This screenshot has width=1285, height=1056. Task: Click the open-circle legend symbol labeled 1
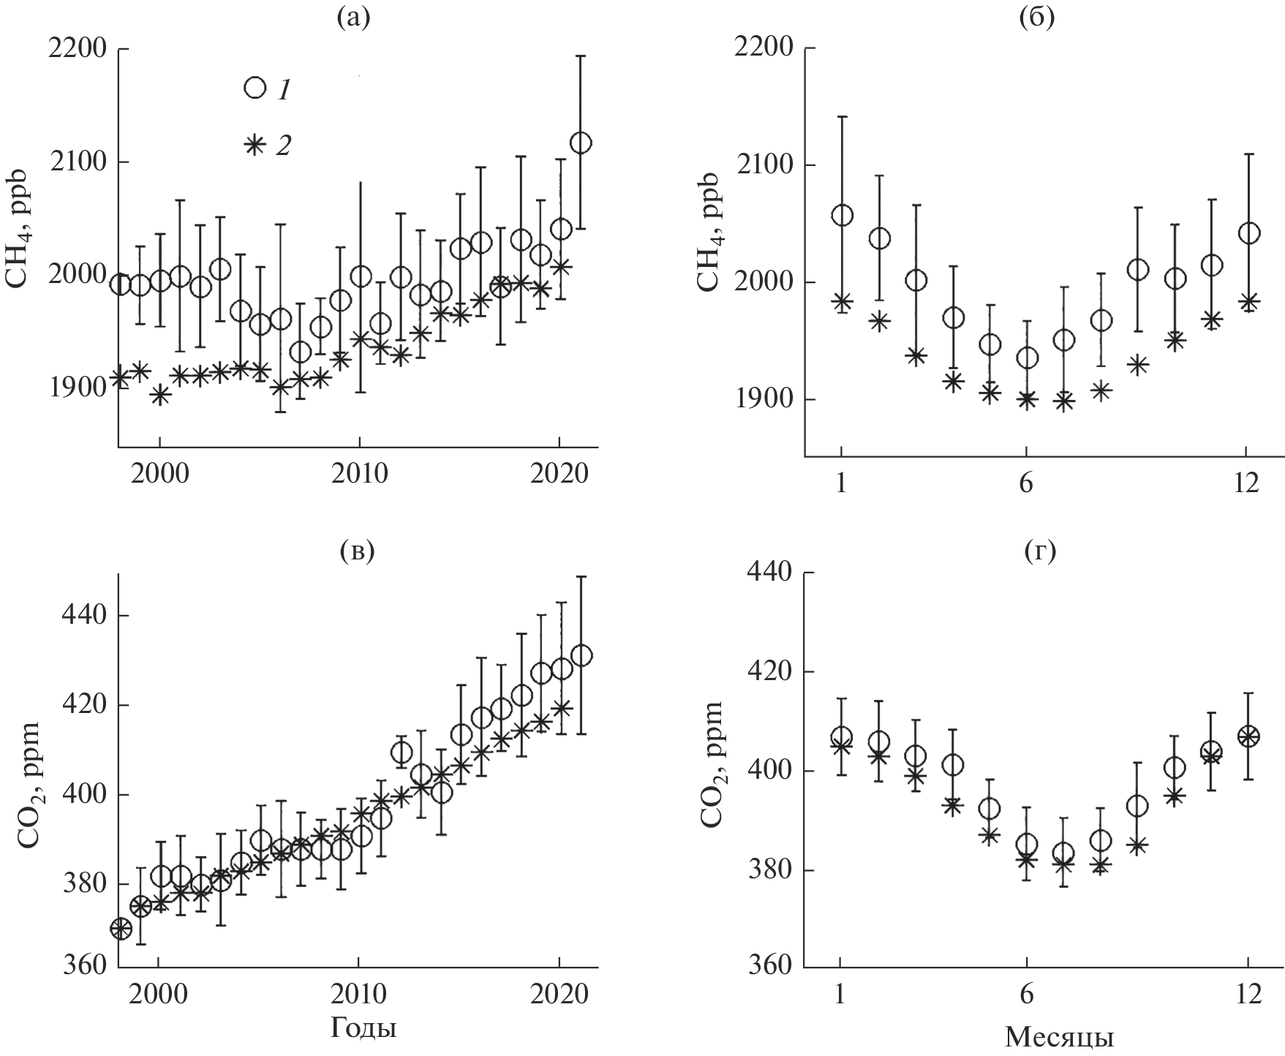[x=255, y=88]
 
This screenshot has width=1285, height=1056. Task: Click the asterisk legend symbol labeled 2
[x=254, y=146]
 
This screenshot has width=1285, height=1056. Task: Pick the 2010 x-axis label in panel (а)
[x=358, y=474]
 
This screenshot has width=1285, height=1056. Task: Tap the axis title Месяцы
[x=1060, y=1036]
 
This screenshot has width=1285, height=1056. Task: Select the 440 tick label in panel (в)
[x=83, y=616]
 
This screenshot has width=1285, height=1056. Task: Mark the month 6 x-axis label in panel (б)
[x=1026, y=483]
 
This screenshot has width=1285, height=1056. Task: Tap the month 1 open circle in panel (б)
[x=842, y=216]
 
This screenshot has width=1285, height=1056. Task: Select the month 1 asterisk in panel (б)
[x=842, y=302]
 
